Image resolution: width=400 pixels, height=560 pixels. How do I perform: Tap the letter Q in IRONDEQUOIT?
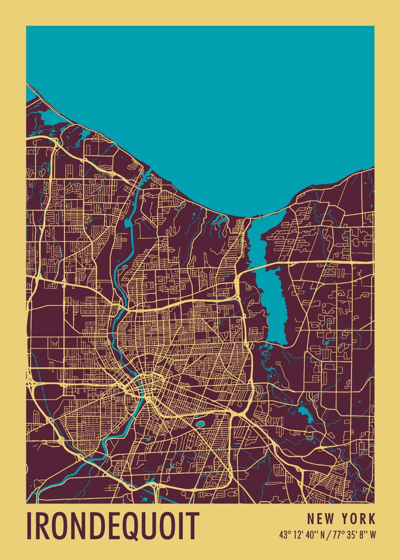coord(140,526)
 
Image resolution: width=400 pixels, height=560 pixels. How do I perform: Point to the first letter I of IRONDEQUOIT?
coord(29,526)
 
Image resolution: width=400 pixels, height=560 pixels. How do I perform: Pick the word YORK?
coord(358,518)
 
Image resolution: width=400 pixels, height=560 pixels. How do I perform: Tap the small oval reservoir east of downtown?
coord(201,424)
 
